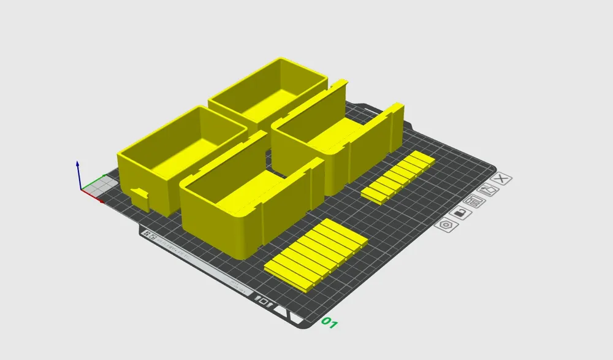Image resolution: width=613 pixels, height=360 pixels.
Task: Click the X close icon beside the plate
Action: [x=502, y=179]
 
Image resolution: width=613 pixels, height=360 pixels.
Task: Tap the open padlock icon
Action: [x=460, y=213]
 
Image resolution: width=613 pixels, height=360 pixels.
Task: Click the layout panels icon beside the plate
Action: [x=474, y=201]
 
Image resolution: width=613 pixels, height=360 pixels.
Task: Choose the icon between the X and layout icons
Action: [x=488, y=190]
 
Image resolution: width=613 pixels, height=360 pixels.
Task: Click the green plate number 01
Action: [x=330, y=323]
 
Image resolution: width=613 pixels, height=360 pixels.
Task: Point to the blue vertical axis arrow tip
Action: [x=77, y=164]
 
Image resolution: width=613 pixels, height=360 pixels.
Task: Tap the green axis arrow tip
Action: [x=104, y=177]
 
